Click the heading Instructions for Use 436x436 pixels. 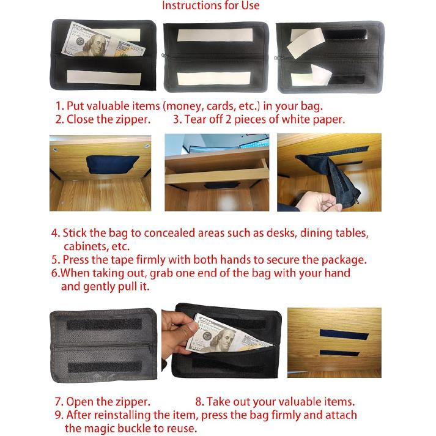pyautogui.click(x=210, y=6)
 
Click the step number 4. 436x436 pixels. pyautogui.click(x=55, y=234)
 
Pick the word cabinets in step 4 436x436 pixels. pyautogui.click(x=86, y=246)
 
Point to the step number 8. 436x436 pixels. pyautogui.click(x=199, y=402)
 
